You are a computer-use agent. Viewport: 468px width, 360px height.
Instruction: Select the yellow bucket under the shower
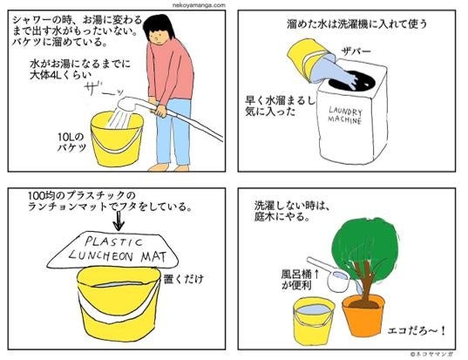pos(117,139)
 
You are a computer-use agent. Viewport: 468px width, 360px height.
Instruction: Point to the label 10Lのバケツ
pos(71,142)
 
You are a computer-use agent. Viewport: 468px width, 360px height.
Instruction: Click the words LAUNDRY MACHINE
pos(345,116)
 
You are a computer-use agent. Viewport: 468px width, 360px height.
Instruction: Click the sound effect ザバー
pos(356,51)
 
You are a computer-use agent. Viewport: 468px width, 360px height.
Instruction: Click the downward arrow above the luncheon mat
pos(119,221)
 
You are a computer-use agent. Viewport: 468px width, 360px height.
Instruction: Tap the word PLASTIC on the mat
pos(114,241)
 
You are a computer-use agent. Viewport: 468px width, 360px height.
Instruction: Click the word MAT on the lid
pos(153,257)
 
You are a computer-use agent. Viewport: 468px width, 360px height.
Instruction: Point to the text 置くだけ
pos(184,279)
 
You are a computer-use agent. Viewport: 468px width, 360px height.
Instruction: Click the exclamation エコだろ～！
pos(416,330)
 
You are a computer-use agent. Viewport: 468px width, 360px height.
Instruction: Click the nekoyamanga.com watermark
pos(199,5)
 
